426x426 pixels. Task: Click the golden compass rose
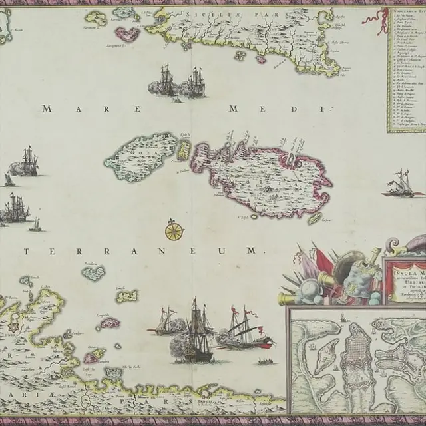(174, 230)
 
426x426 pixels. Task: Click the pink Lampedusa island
(110, 324)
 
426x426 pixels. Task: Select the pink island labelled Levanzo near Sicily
(127, 33)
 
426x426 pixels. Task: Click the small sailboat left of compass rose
(35, 226)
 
